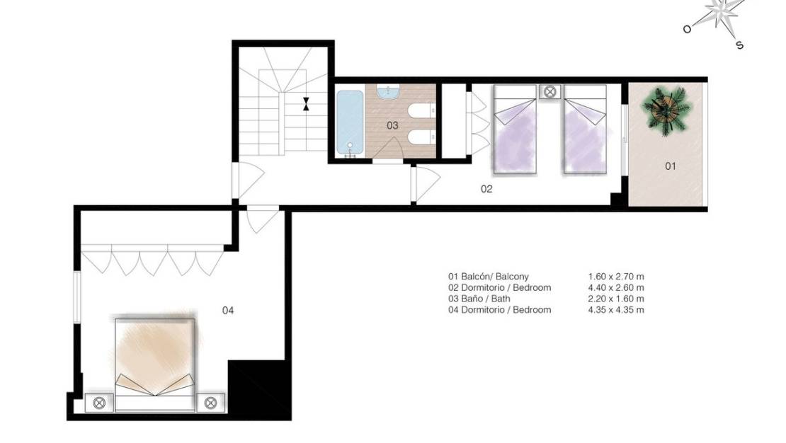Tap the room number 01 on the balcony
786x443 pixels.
coord(670,166)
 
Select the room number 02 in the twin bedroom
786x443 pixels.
coord(486,189)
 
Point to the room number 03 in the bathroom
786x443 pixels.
coord(392,125)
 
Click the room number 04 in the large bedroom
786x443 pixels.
coord(228,310)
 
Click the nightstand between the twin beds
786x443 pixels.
coord(549,91)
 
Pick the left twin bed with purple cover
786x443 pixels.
coord(514,129)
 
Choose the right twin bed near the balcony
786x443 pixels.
coord(586,129)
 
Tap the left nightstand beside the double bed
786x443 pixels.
coord(99,402)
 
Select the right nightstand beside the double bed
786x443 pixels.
coord(210,402)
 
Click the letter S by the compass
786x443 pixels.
coord(739,45)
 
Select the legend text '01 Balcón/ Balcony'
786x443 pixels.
coord(488,277)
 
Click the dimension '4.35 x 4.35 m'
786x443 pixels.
coord(615,310)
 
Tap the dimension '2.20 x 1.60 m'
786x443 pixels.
coord(615,299)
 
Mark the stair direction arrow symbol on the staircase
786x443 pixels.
coord(305,104)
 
